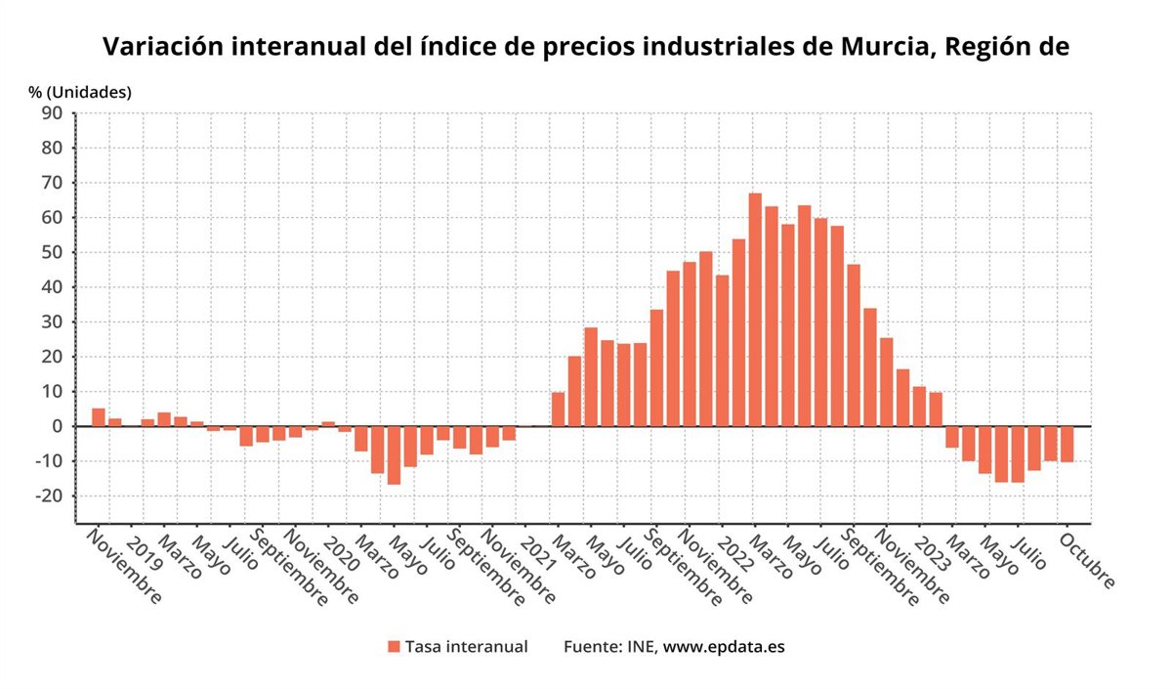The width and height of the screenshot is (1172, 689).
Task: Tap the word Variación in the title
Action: pyautogui.click(x=162, y=47)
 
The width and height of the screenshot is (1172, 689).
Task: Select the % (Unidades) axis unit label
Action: pyautogui.click(x=80, y=92)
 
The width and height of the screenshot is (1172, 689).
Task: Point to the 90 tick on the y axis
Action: pyautogui.click(x=52, y=113)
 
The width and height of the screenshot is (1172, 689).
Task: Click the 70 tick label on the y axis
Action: pyautogui.click(x=52, y=183)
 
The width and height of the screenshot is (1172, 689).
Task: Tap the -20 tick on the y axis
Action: pyautogui.click(x=48, y=495)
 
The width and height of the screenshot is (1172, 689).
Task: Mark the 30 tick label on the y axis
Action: pyautogui.click(x=52, y=322)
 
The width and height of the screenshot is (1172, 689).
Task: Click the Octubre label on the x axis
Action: pyautogui.click(x=1086, y=560)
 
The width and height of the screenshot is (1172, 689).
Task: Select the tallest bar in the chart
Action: pyautogui.click(x=755, y=310)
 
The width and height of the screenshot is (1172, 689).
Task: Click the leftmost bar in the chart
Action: pyautogui.click(x=99, y=417)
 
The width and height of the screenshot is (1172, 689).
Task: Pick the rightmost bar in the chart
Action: pyautogui.click(x=1067, y=444)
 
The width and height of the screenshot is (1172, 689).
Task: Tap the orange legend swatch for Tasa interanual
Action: pyautogui.click(x=394, y=647)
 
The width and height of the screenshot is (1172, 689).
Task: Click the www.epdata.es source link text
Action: pyautogui.click(x=724, y=647)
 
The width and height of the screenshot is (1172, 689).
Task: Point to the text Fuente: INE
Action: pyautogui.click(x=609, y=647)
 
